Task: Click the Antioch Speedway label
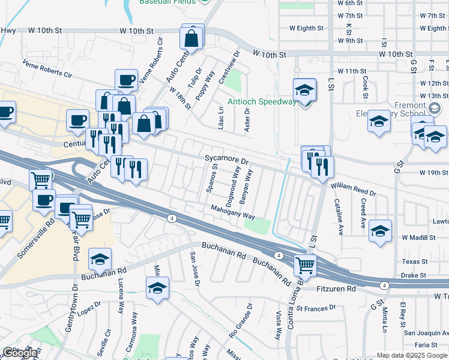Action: pyautogui.click(x=261, y=101)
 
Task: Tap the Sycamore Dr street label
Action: pyautogui.click(x=226, y=161)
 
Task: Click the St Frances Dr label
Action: pyautogui.click(x=316, y=308)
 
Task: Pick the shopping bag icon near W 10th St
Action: pyautogui.click(x=191, y=38)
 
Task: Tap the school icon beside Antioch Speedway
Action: pyautogui.click(x=304, y=91)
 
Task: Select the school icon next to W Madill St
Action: pyautogui.click(x=381, y=231)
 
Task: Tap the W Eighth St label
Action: pyautogui.click(x=306, y=28)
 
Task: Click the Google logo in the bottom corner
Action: pyautogui.click(x=20, y=353)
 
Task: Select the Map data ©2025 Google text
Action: pyautogui.click(x=412, y=355)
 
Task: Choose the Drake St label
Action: pyautogui.click(x=414, y=275)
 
